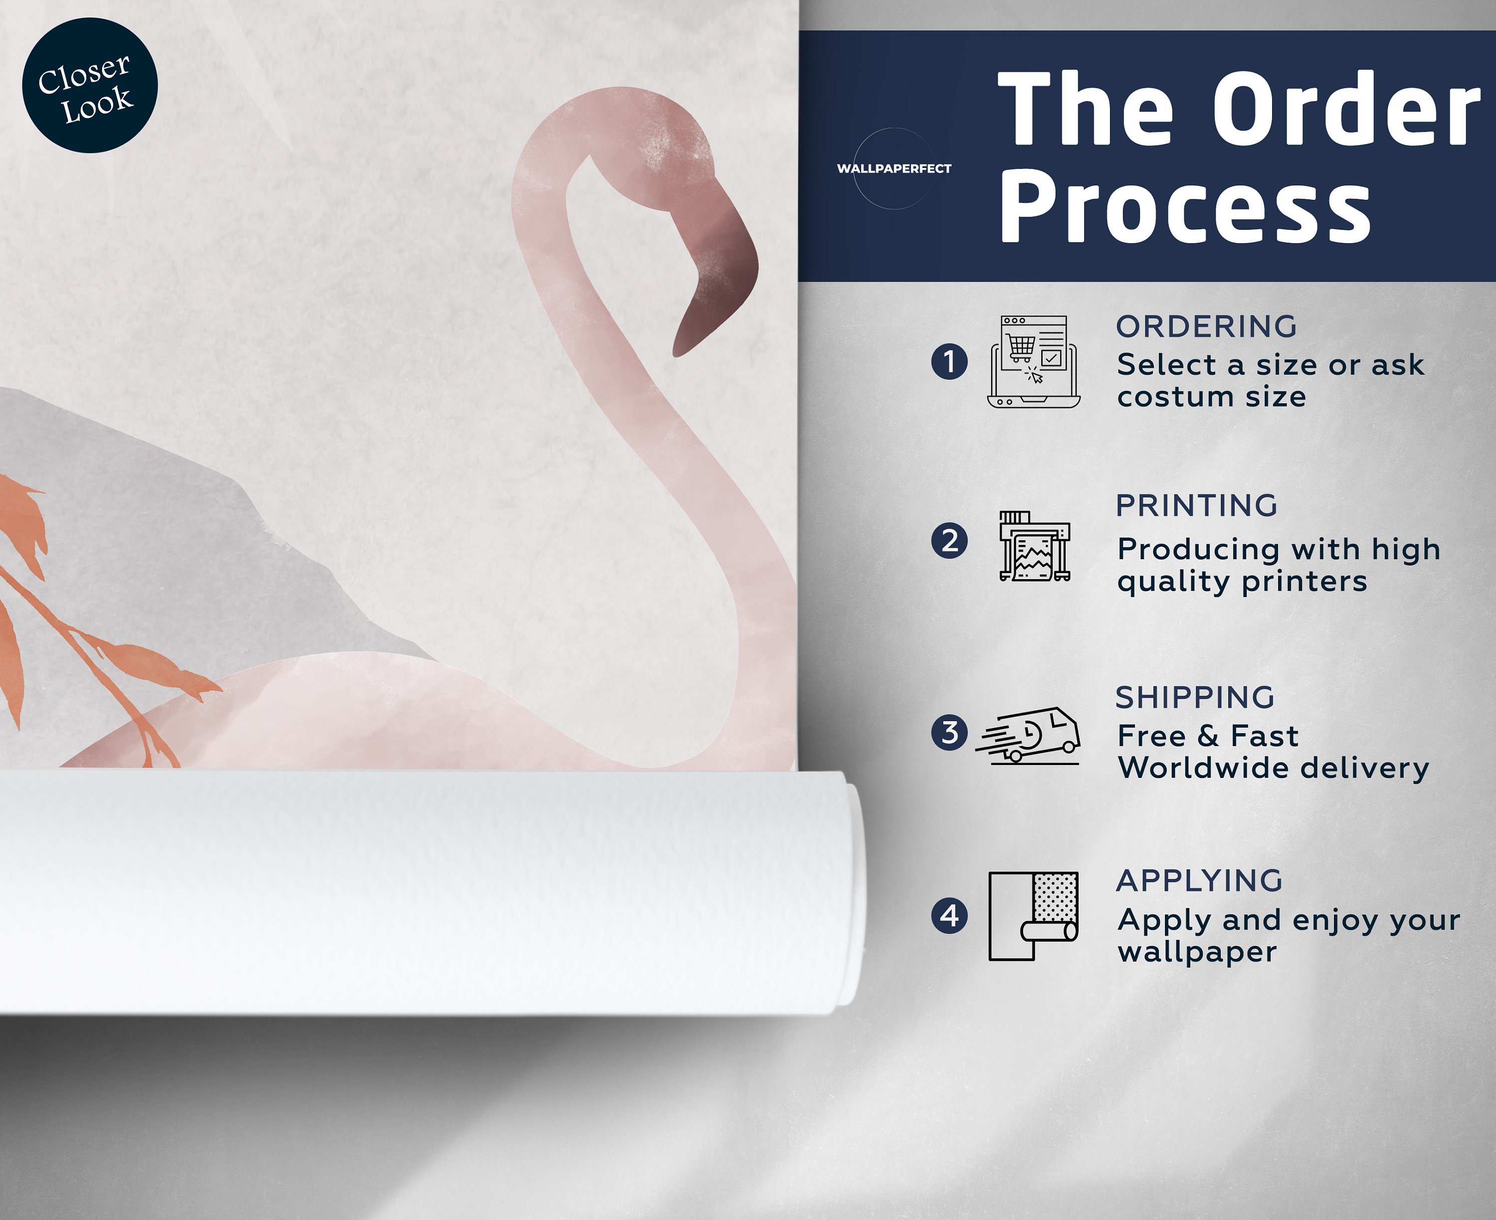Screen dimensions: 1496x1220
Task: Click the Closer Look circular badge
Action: click(x=90, y=85)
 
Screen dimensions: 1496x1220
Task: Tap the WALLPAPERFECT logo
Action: click(x=894, y=168)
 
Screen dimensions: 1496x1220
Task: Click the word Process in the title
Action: click(x=1185, y=207)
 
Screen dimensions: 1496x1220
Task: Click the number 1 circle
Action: click(x=949, y=362)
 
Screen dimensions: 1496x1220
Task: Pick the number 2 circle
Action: click(x=949, y=541)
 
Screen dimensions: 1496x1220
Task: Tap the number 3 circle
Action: click(x=949, y=732)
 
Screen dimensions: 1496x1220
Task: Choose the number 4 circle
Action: click(x=949, y=915)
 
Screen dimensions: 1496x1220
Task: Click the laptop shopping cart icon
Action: click(x=1033, y=362)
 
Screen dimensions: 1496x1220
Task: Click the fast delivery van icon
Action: click(x=1027, y=735)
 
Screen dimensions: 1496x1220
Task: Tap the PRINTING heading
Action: click(x=1196, y=505)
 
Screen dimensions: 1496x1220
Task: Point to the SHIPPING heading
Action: click(x=1195, y=697)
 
